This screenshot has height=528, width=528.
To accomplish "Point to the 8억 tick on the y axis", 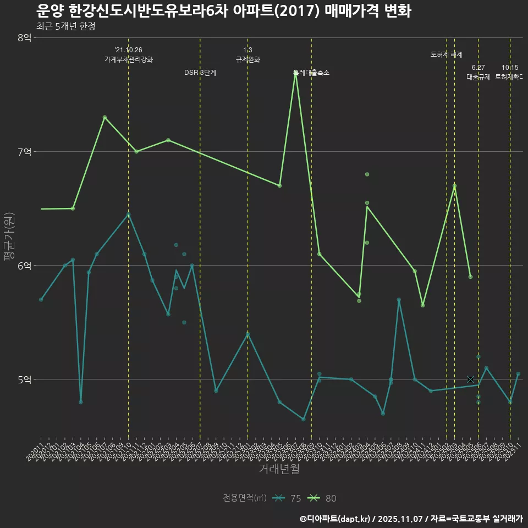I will point(25,37).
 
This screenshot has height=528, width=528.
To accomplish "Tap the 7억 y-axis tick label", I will point(25,151).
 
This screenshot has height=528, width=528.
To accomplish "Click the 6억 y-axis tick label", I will point(25,265).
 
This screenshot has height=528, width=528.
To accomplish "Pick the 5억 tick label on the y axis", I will point(25,380).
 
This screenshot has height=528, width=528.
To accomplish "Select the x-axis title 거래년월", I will point(279,469).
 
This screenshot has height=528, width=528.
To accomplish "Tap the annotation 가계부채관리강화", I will point(129,59).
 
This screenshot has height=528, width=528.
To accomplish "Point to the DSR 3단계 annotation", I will point(200,73).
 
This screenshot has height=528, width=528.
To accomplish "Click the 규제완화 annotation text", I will point(248,59).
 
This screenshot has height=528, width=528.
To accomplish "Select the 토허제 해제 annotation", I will point(447,54).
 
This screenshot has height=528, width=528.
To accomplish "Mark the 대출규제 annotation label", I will point(479,77).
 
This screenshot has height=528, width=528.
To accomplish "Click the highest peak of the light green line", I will point(295,73).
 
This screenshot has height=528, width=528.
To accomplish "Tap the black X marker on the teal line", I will point(470,380).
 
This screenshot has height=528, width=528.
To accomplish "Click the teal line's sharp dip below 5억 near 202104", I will point(81,402).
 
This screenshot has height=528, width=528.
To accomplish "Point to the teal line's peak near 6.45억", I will point(129,215).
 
